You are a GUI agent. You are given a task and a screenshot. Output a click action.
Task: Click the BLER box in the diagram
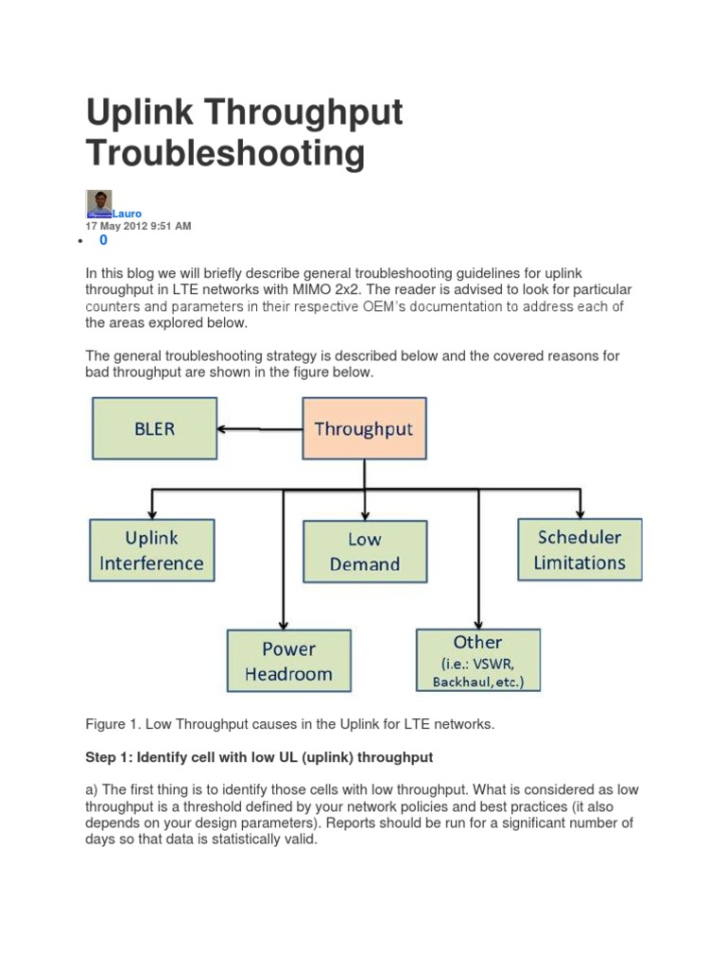point(154,428)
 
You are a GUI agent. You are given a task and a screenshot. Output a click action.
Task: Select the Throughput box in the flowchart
point(364,428)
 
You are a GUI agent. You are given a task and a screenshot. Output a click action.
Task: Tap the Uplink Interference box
point(151,550)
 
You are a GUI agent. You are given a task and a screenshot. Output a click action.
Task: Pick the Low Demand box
point(364,551)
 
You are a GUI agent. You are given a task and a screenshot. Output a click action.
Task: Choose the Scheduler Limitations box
point(579,549)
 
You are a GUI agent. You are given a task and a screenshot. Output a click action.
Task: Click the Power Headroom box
point(288,661)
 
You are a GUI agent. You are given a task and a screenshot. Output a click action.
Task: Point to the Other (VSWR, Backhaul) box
point(478,661)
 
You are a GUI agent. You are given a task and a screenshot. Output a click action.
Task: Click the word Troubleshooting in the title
point(225,153)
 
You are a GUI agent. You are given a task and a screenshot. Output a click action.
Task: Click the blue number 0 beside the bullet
point(103,241)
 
